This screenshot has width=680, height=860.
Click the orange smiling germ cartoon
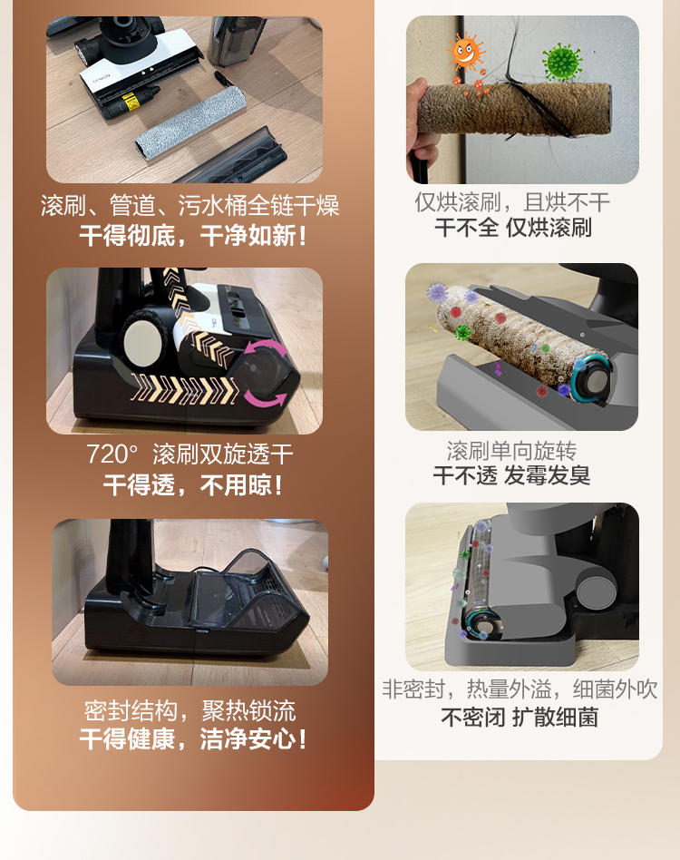(x=466, y=52)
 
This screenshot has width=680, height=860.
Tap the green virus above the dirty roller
(x=561, y=62)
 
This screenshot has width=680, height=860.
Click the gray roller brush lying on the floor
(x=190, y=122)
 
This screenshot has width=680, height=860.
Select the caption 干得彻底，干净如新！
(x=192, y=236)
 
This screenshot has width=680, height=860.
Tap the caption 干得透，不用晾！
(x=193, y=484)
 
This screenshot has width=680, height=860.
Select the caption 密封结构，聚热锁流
(x=189, y=711)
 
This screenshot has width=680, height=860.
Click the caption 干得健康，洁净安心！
(x=192, y=738)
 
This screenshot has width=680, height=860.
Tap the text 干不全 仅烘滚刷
(x=513, y=227)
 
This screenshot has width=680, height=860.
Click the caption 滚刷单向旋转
(x=511, y=451)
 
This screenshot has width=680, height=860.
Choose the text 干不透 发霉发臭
(x=511, y=475)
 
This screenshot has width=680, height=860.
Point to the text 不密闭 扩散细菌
(x=520, y=717)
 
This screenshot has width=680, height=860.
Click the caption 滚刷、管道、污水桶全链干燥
(x=189, y=206)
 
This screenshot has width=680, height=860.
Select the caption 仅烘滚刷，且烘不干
(x=512, y=202)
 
